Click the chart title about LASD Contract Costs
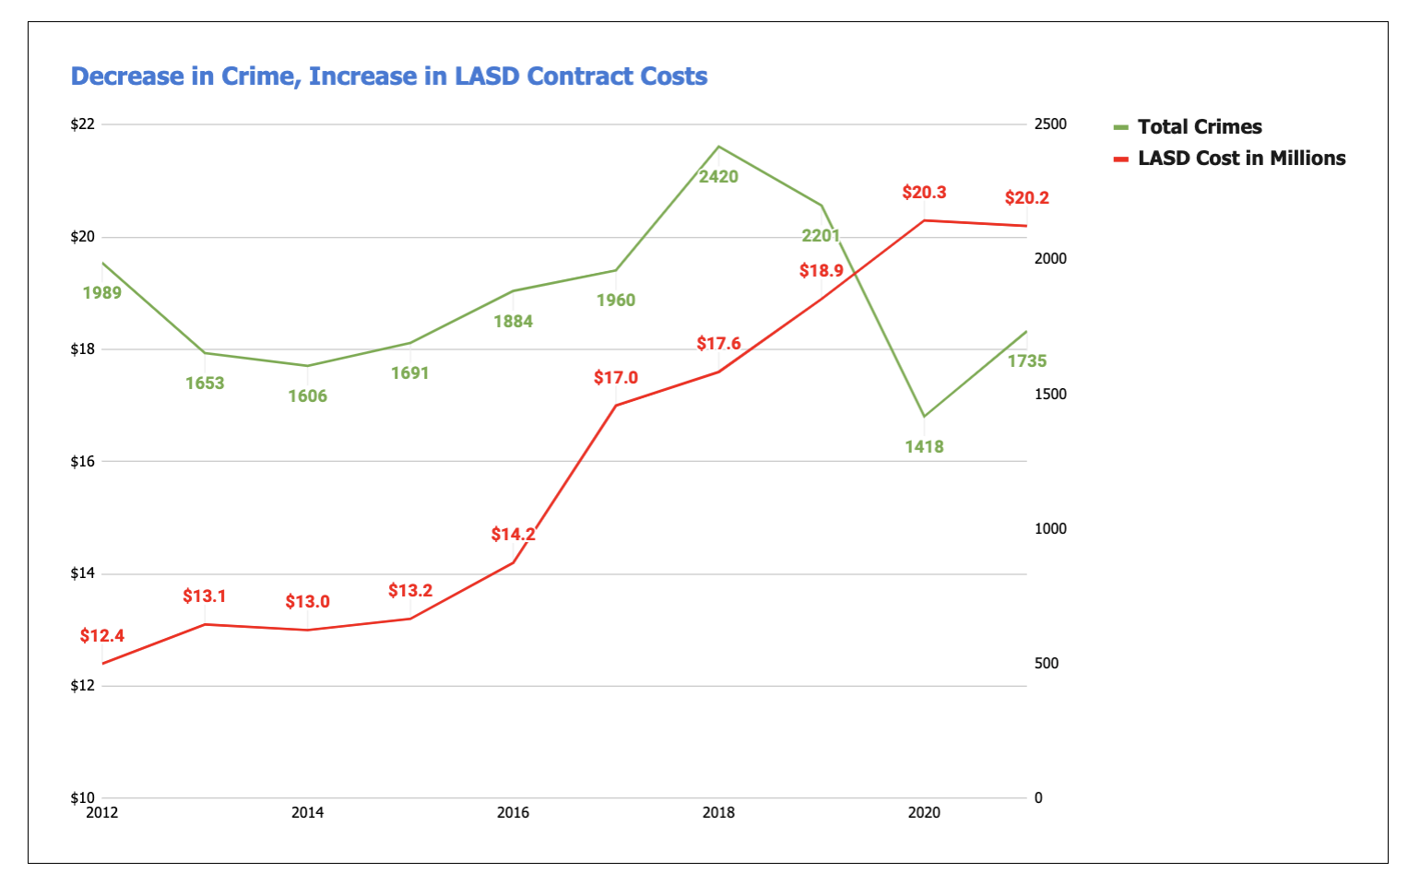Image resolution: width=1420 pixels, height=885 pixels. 389,77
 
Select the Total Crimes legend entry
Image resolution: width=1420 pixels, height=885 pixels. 1199,127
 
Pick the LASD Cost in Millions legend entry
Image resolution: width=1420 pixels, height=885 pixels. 1241,159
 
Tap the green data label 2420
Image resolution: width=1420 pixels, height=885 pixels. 718,177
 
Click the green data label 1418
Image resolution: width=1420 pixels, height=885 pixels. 924,447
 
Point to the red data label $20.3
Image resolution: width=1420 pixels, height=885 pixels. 924,193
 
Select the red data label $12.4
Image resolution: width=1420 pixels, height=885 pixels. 101,636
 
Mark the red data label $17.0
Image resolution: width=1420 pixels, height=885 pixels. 616,378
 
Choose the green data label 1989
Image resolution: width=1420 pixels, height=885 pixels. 101,293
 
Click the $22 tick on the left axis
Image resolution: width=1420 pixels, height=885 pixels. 83,124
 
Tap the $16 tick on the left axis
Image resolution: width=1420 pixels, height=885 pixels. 83,462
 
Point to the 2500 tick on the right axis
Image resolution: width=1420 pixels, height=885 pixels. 1050,124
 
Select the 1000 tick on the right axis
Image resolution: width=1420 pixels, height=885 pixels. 1050,529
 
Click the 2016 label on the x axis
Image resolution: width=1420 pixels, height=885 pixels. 513,813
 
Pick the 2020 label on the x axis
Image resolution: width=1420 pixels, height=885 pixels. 924,813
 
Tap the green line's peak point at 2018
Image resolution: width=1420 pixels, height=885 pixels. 719,147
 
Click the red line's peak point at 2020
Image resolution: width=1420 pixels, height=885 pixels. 924,220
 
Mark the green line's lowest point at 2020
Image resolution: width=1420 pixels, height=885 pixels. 924,417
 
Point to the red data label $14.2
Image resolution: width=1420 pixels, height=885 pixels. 513,535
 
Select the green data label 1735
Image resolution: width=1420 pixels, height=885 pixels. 1026,361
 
